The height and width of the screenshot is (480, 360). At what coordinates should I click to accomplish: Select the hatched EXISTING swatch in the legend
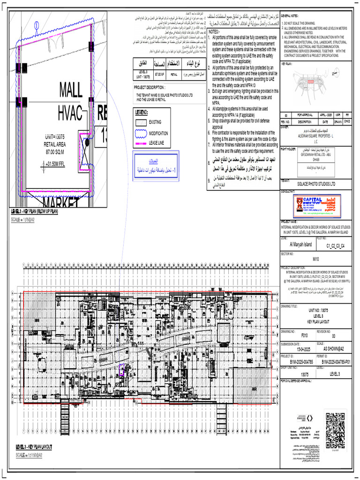coord(141,122)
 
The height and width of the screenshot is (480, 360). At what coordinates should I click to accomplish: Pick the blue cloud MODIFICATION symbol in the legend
coord(141,133)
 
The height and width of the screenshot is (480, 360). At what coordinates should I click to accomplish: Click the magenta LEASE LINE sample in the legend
coord(141,142)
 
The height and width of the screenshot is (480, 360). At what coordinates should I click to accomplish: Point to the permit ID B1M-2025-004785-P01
coord(336,361)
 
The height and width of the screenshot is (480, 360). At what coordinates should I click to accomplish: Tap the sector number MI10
coord(315,258)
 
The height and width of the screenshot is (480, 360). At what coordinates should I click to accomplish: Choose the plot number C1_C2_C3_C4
coord(336,245)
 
